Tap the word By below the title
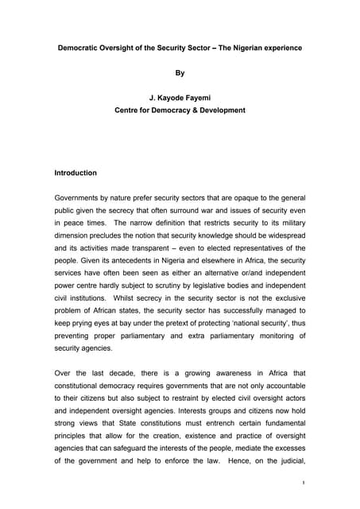coord(180,72)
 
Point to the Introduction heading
coord(75,173)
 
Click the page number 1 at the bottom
coord(304,481)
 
